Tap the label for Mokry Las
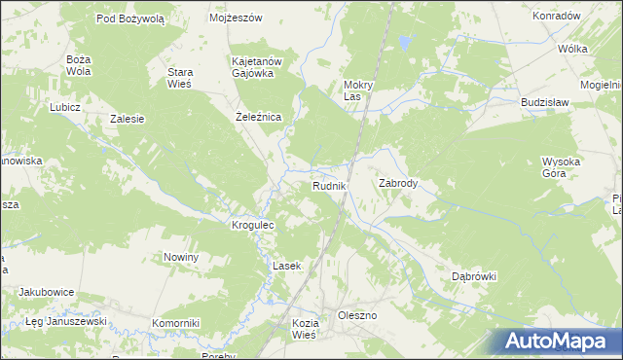click(x=366, y=90)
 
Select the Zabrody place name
click(x=397, y=183)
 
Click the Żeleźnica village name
click(x=259, y=117)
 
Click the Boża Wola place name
click(x=78, y=65)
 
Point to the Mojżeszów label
click(x=237, y=18)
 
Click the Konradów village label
click(x=557, y=16)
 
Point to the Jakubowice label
click(x=48, y=291)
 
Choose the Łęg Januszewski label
click(x=65, y=321)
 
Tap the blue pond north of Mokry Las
click(x=402, y=43)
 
